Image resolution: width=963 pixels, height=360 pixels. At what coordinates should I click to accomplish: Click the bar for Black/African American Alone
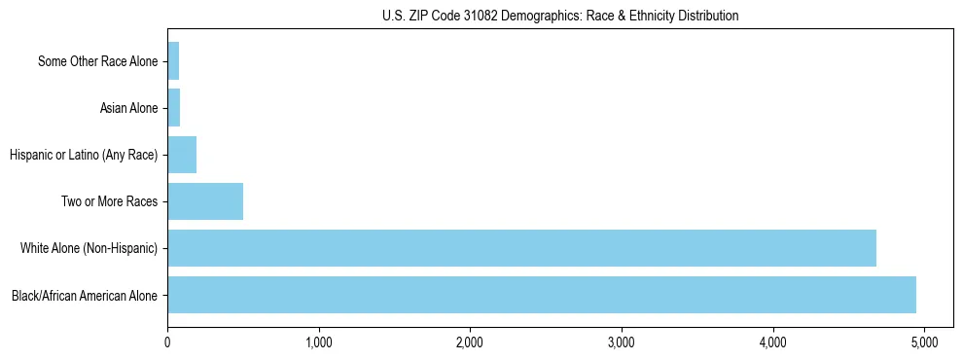pyautogui.click(x=542, y=295)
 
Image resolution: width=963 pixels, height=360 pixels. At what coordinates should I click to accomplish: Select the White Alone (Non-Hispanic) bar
pyautogui.click(x=521, y=248)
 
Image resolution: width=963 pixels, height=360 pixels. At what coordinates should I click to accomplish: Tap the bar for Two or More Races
pyautogui.click(x=205, y=201)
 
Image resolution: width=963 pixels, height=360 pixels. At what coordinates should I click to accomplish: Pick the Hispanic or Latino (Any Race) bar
pyautogui.click(x=182, y=155)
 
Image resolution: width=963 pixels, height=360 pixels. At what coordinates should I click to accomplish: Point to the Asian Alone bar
pyautogui.click(x=174, y=108)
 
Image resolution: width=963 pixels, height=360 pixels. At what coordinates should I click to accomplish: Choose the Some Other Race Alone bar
pyautogui.click(x=173, y=61)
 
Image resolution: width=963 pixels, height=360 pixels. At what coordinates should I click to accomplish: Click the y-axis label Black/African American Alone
pyautogui.click(x=85, y=295)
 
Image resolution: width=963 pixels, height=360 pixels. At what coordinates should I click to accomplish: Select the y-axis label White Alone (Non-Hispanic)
pyautogui.click(x=89, y=248)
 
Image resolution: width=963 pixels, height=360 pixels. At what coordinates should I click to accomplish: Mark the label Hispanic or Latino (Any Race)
pyautogui.click(x=83, y=155)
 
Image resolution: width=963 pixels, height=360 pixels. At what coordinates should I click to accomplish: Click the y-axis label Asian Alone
pyautogui.click(x=128, y=108)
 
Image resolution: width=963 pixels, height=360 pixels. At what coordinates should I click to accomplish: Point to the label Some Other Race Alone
pyautogui.click(x=97, y=61)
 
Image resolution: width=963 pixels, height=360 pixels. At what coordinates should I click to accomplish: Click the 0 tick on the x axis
pyautogui.click(x=167, y=342)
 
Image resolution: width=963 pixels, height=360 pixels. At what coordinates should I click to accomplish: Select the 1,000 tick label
pyautogui.click(x=319, y=342)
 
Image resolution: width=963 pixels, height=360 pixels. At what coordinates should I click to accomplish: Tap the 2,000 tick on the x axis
pyautogui.click(x=470, y=342)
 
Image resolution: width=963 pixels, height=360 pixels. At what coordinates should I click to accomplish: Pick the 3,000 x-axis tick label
pyautogui.click(x=622, y=342)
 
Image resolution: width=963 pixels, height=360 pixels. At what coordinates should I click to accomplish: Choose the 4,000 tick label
pyautogui.click(x=773, y=342)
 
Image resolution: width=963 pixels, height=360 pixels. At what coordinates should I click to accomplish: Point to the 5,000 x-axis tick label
pyautogui.click(x=924, y=342)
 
